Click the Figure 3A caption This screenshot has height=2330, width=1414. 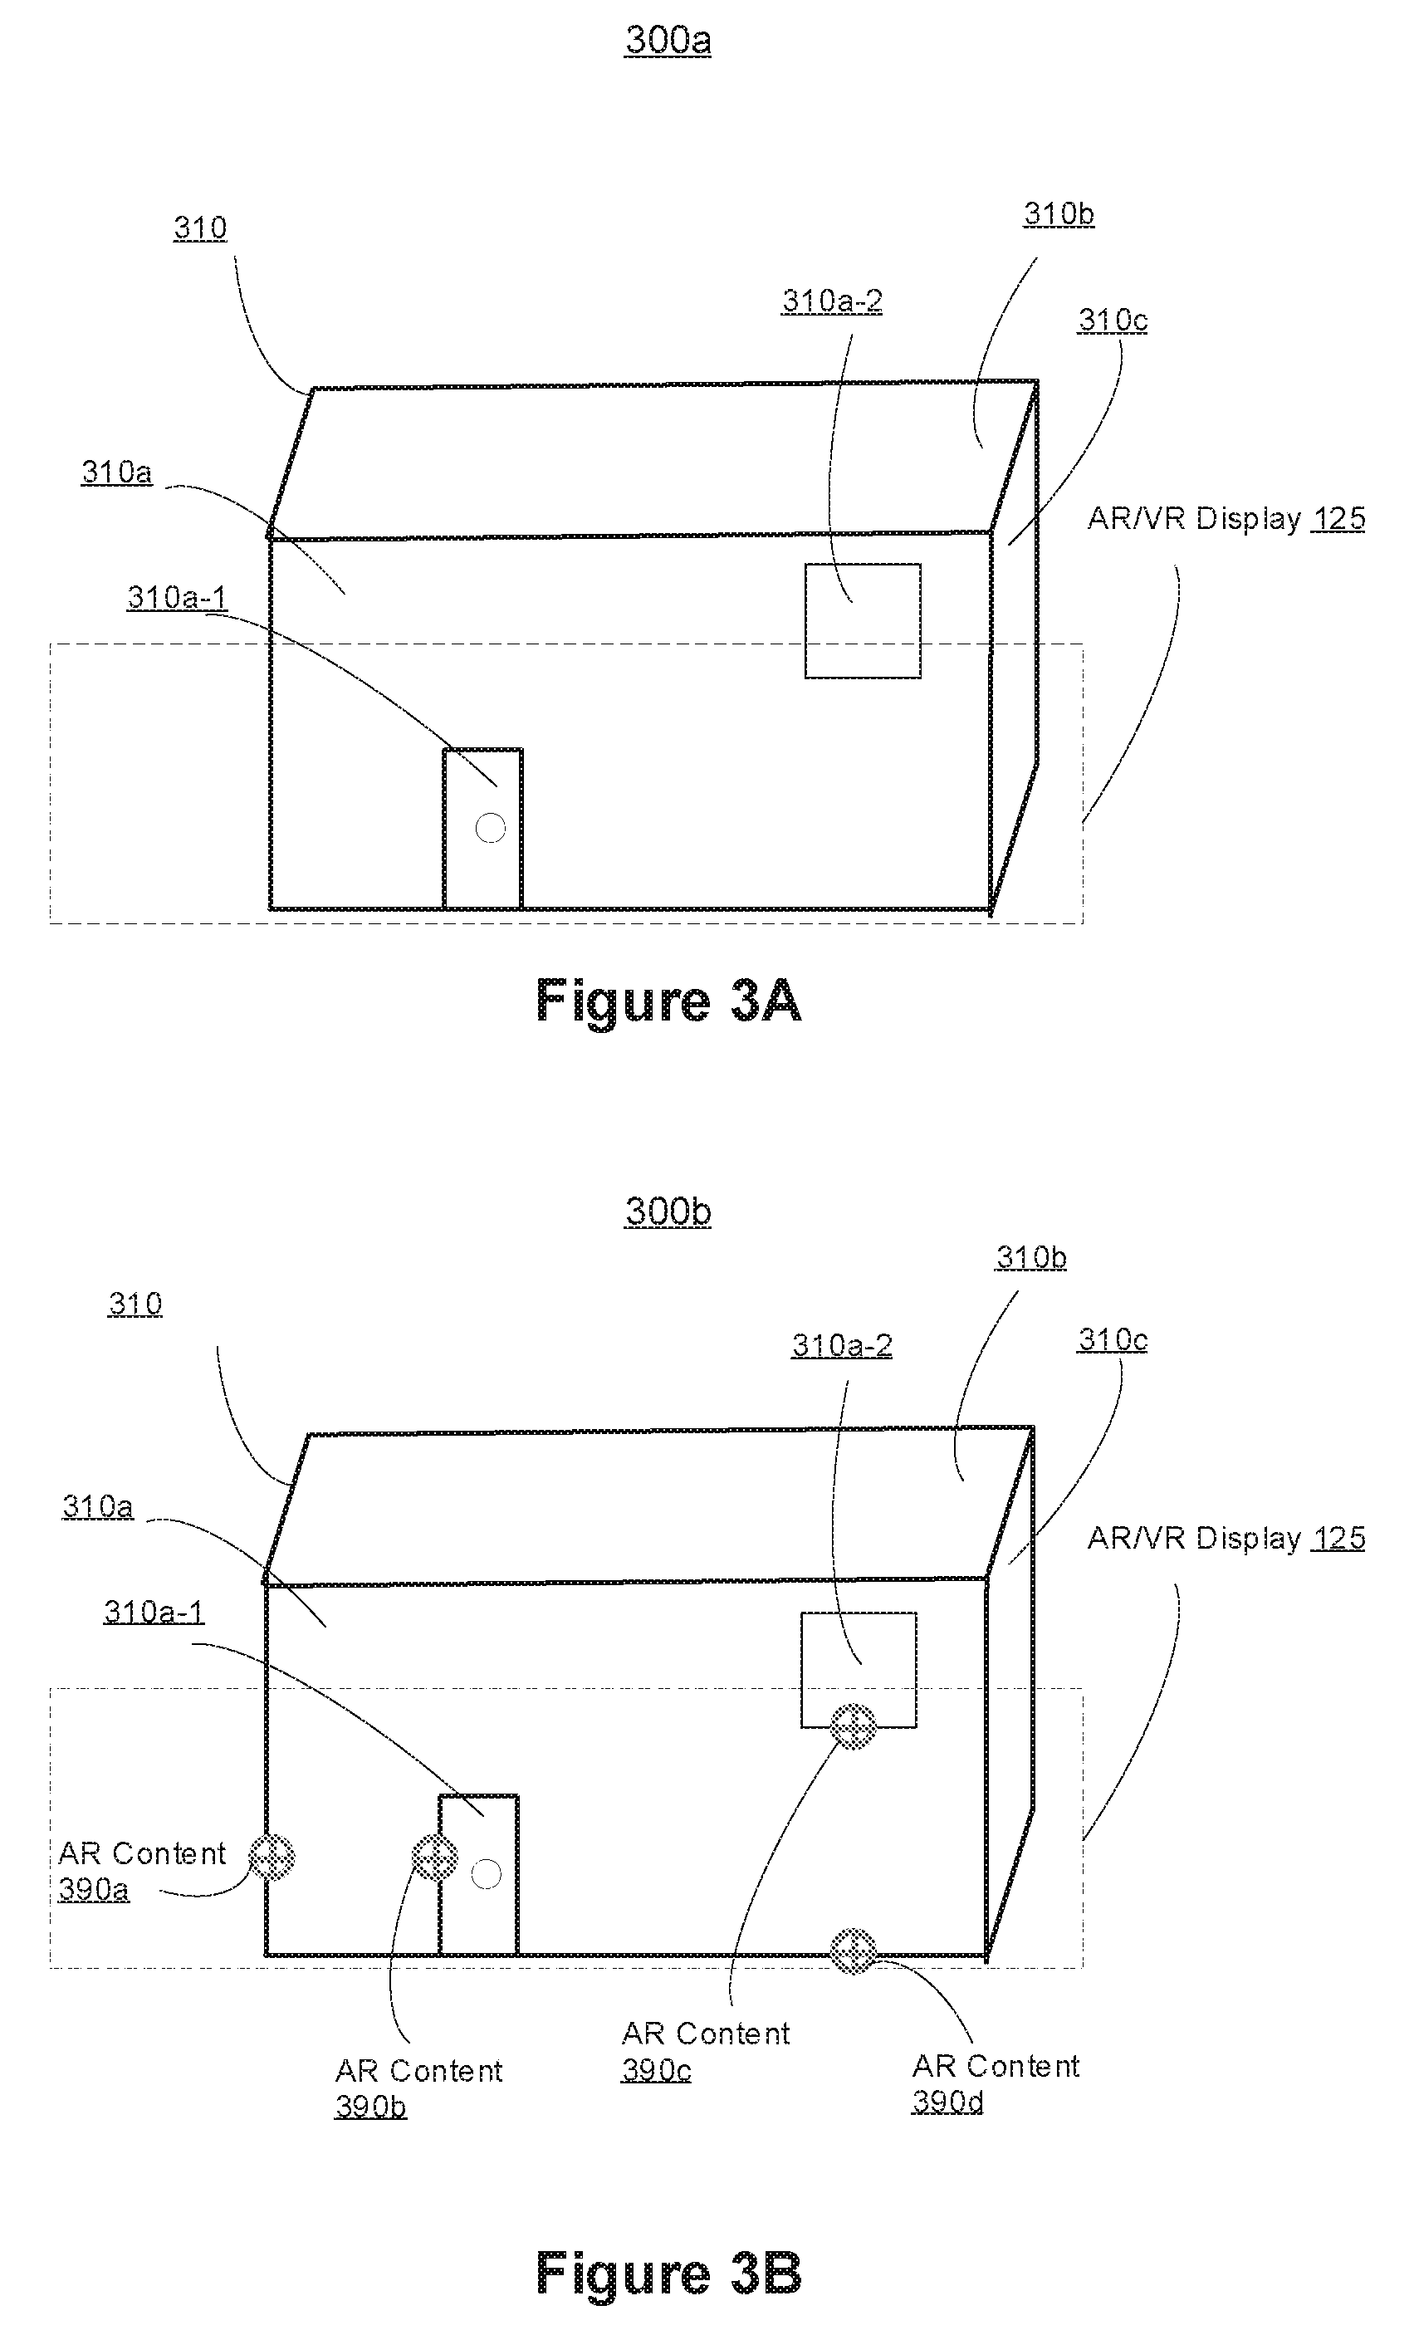tap(668, 1001)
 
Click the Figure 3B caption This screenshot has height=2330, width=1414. tap(668, 2274)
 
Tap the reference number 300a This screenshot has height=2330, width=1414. tap(668, 40)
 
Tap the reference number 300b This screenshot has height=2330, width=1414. tap(668, 1212)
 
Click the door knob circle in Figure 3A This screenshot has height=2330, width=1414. tap(490, 829)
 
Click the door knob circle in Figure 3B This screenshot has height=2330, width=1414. tap(487, 1873)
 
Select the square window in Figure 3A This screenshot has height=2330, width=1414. tap(863, 620)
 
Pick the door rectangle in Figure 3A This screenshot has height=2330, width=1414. tap(482, 829)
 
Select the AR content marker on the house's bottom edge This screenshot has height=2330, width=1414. tap(853, 1951)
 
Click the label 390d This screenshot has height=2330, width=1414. tap(947, 2101)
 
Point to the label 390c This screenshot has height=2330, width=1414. tap(657, 2070)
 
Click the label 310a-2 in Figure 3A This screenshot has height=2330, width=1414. tap(832, 301)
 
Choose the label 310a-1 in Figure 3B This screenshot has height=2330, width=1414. tap(154, 1612)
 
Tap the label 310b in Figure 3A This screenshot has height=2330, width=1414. tap(1059, 213)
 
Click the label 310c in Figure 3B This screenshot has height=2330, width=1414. tap(1113, 1339)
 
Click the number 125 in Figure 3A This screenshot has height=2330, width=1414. tap(1338, 518)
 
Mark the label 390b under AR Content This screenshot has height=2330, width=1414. tap(371, 2106)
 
